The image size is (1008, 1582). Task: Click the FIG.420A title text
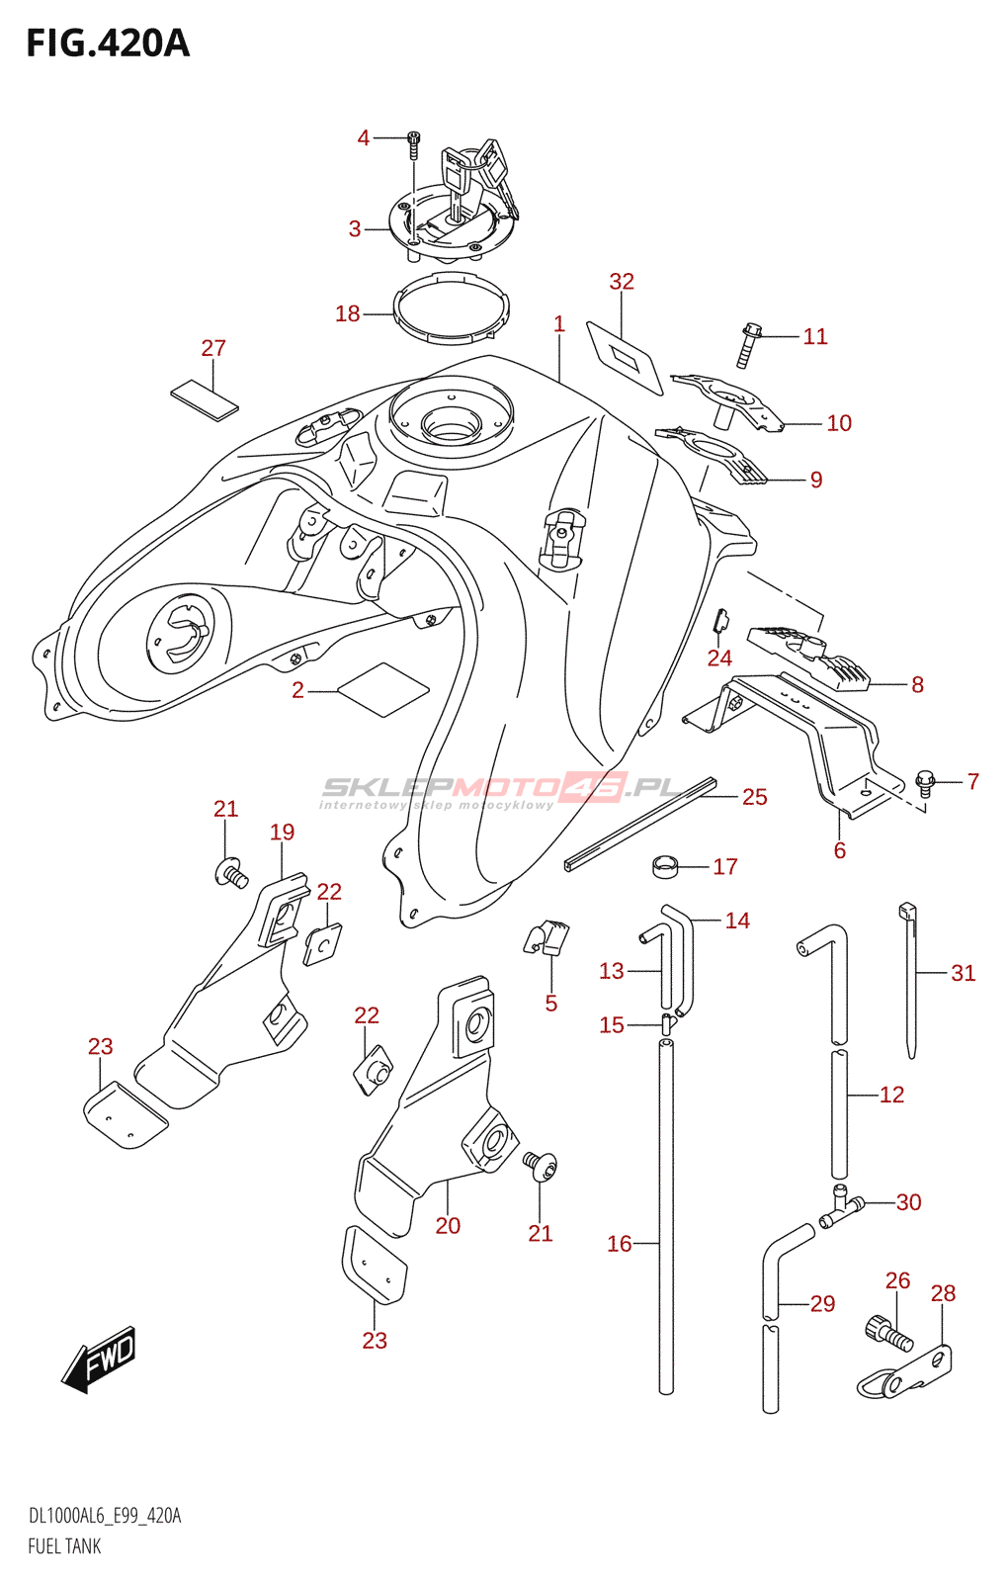pyautogui.click(x=109, y=44)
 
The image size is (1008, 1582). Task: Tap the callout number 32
pyautogui.click(x=622, y=282)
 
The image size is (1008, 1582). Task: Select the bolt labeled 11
pyautogui.click(x=750, y=345)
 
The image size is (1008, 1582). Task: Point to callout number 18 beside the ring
pyautogui.click(x=348, y=313)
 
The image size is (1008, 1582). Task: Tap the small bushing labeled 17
pyautogui.click(x=663, y=866)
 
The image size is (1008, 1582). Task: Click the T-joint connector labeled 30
pyautogui.click(x=841, y=1208)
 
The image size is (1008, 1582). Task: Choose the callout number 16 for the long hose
pyautogui.click(x=620, y=1244)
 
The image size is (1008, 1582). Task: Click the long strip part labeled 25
pyautogui.click(x=640, y=825)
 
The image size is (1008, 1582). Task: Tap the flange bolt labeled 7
pyautogui.click(x=925, y=782)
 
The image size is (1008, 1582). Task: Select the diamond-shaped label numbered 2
pyautogui.click(x=383, y=689)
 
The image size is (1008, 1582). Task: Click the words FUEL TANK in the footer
pyautogui.click(x=64, y=1546)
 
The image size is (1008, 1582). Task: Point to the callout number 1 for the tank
pyautogui.click(x=559, y=324)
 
